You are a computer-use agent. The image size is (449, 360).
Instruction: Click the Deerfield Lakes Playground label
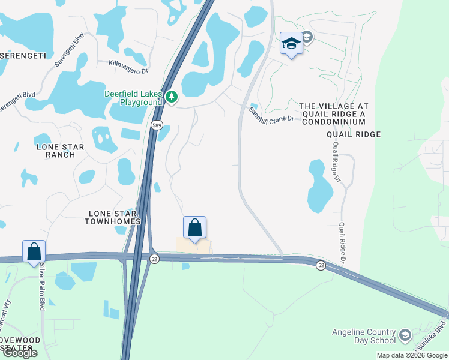pos(133,98)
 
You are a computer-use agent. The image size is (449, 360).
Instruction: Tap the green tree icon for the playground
pos(172,97)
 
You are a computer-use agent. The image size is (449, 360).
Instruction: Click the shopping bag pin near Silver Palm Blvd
pos(34,251)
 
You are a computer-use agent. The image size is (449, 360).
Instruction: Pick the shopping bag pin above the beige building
pos(194,227)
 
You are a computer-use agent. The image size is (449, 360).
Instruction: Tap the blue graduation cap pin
pos(291,43)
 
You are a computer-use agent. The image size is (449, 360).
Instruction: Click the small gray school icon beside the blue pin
pos(307,38)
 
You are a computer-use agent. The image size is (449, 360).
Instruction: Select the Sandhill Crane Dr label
pos(271,115)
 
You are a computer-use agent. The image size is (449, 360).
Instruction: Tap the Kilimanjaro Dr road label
pos(128,66)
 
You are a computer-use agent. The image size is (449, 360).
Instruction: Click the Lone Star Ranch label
pos(60,151)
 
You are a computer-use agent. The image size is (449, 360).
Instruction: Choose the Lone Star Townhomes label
pos(114,217)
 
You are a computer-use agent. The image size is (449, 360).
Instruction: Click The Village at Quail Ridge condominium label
pos(334,113)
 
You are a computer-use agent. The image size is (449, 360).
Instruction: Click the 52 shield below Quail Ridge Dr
pos(321,265)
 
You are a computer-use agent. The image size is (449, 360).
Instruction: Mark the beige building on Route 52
pos(194,247)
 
